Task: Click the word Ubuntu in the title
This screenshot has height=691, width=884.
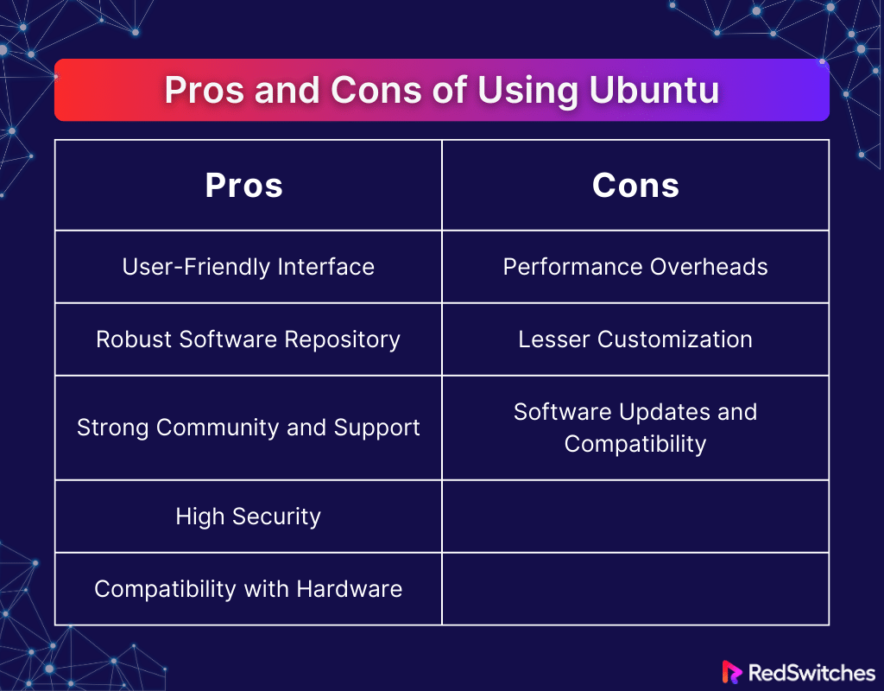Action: click(654, 90)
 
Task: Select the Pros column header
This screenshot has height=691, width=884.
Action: click(243, 186)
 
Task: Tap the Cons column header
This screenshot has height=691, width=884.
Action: click(635, 186)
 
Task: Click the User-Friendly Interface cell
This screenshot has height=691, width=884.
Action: click(248, 267)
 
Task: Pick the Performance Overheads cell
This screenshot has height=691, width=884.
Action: click(635, 267)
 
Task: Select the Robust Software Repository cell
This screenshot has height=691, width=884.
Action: click(248, 339)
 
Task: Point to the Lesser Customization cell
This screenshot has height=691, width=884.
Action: click(635, 339)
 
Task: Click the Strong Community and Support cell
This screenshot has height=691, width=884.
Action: click(248, 428)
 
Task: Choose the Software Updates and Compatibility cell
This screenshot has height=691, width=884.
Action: click(635, 428)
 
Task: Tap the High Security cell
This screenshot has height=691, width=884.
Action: click(248, 517)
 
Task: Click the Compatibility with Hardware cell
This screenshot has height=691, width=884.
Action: click(248, 589)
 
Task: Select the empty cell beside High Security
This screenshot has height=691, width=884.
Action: click(635, 517)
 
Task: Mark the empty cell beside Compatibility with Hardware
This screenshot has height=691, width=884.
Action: click(635, 589)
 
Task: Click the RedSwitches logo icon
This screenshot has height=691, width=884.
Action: click(732, 672)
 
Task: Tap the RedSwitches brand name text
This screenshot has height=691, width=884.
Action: click(811, 673)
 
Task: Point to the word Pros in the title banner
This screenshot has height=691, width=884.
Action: click(204, 90)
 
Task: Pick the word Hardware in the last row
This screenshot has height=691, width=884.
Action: click(350, 589)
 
